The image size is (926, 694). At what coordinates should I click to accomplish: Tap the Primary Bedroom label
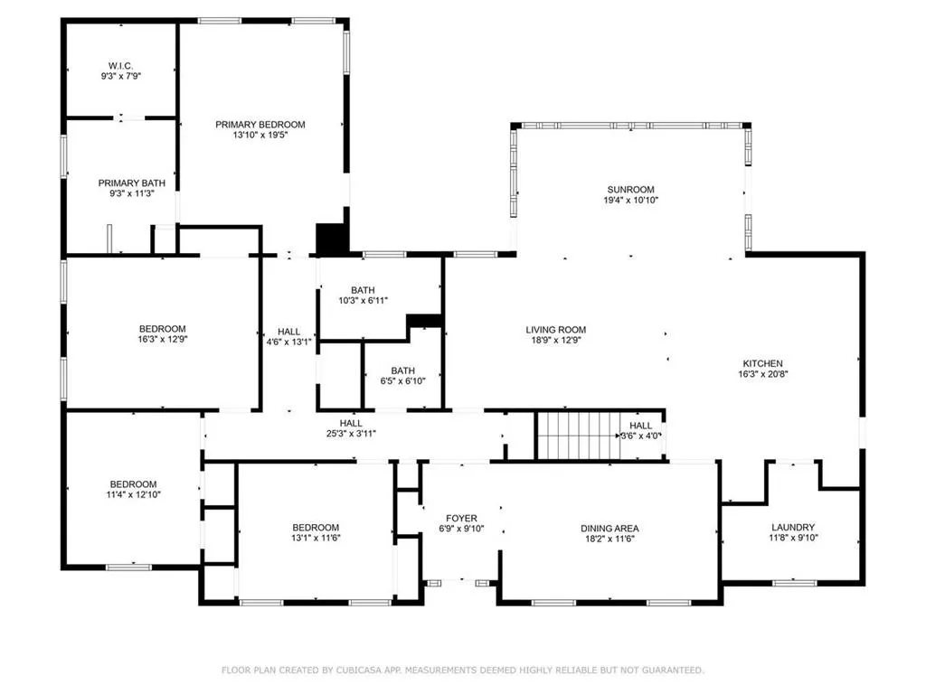260,125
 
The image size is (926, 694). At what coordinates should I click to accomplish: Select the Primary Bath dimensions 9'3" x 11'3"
132,194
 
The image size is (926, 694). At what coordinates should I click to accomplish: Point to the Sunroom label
630,190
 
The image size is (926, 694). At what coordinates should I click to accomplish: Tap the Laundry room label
793,527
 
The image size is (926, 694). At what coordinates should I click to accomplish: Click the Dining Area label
609,528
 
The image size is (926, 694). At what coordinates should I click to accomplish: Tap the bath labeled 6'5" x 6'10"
402,370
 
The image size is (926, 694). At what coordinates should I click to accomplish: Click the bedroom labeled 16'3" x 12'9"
162,328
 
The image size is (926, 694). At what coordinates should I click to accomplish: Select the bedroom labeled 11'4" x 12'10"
133,483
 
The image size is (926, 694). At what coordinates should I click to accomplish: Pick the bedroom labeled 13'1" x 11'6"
316,527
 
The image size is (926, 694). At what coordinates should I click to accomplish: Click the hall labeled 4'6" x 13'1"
289,332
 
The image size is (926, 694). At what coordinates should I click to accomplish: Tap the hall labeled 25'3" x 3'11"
351,423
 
